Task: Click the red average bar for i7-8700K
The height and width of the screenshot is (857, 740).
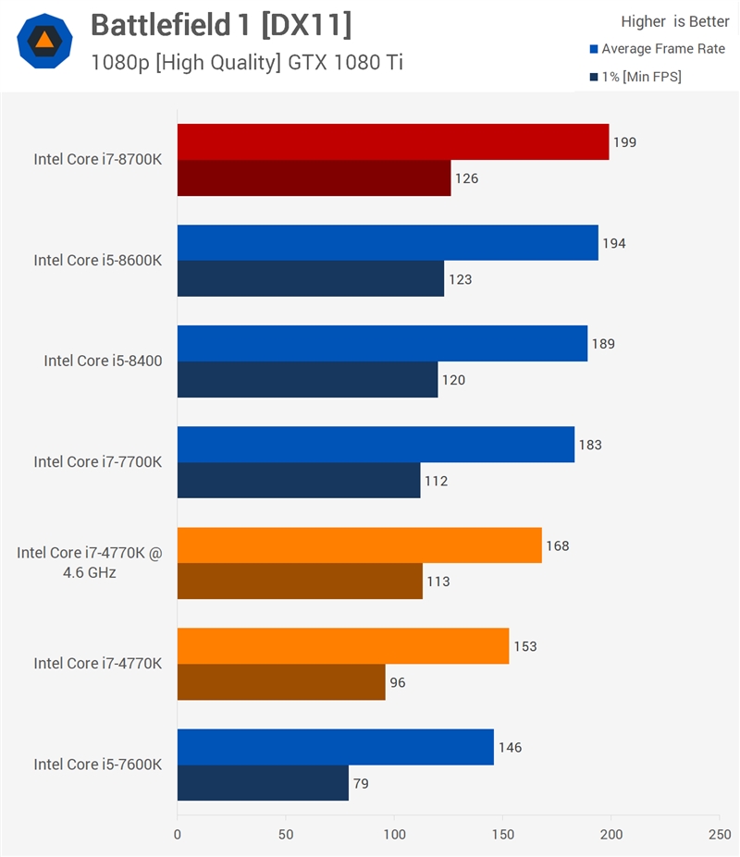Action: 393,141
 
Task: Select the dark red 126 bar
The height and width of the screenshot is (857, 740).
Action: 314,178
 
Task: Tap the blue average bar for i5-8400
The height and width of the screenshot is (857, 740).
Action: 382,343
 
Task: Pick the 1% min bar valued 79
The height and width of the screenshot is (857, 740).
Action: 263,783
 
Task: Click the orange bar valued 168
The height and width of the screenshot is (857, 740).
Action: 359,545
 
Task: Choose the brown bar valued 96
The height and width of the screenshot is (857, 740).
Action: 281,682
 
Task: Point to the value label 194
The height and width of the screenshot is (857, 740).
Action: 613,243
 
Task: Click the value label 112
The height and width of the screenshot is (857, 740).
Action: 436,481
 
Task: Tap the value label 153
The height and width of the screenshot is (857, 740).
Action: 525,646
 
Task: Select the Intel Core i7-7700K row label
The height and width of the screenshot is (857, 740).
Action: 98,462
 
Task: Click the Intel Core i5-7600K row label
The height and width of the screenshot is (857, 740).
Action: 98,764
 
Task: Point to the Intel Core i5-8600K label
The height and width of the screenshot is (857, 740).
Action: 98,260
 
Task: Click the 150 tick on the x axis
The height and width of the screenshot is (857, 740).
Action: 502,835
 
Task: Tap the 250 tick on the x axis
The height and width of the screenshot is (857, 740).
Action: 720,835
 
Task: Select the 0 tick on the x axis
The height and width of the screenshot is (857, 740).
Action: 178,835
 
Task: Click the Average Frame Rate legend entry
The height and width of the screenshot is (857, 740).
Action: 658,49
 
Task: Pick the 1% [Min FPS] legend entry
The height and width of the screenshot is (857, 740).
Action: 635,77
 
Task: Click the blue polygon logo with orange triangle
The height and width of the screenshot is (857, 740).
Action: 44,41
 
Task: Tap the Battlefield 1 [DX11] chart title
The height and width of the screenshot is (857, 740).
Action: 221,25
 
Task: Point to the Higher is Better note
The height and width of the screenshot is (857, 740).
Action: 675,21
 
